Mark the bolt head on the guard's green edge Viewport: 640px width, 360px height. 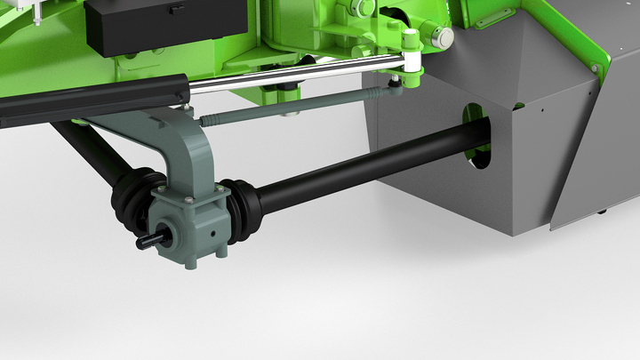[595, 68]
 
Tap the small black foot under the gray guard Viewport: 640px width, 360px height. [602, 212]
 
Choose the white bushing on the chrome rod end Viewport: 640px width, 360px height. [411, 60]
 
